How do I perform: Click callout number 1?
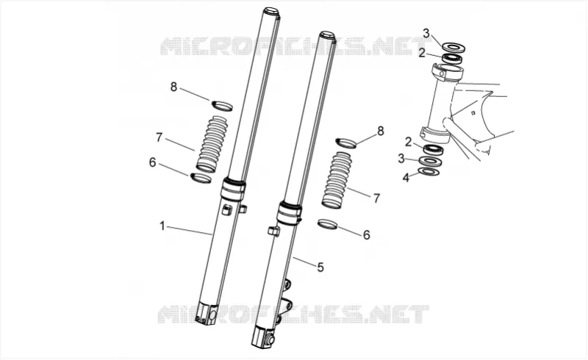click(162, 226)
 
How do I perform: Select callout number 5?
click(320, 267)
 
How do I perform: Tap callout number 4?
click(406, 177)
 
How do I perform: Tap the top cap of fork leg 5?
click(326, 35)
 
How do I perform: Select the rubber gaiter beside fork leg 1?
click(211, 145)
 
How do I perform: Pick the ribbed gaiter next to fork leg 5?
click(337, 180)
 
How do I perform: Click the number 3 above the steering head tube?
click(426, 33)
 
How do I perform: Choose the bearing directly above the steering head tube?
click(451, 58)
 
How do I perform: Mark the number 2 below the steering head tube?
click(408, 142)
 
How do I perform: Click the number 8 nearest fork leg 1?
click(173, 87)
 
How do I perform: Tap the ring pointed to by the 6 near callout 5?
click(327, 224)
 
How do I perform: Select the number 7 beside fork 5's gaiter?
click(376, 198)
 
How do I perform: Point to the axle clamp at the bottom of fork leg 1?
click(206, 313)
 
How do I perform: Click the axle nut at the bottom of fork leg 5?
click(269, 340)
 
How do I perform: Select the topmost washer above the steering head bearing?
click(454, 47)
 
